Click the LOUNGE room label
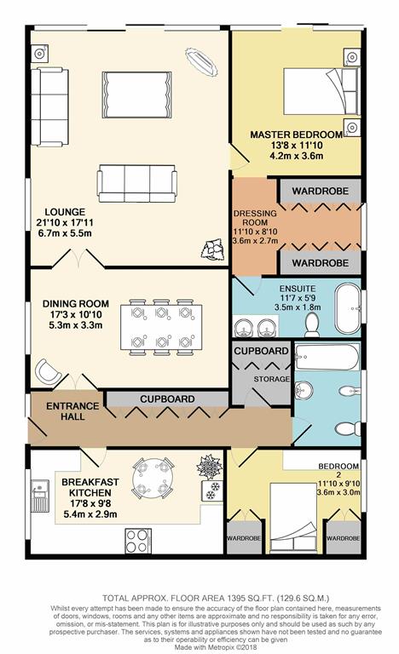click(x=65, y=212)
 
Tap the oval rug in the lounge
click(x=201, y=62)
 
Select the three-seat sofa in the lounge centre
click(x=137, y=184)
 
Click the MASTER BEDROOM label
click(x=296, y=135)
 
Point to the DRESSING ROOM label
click(x=255, y=218)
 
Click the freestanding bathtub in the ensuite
click(x=348, y=308)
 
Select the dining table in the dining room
click(x=161, y=327)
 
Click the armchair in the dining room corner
click(x=49, y=370)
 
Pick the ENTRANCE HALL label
click(x=72, y=411)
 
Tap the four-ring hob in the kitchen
click(x=138, y=541)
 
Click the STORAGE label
click(x=272, y=379)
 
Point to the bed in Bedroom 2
click(x=293, y=518)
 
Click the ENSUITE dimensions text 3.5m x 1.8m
click(x=298, y=307)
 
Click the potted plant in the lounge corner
click(x=213, y=250)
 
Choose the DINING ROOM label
click(x=76, y=304)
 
